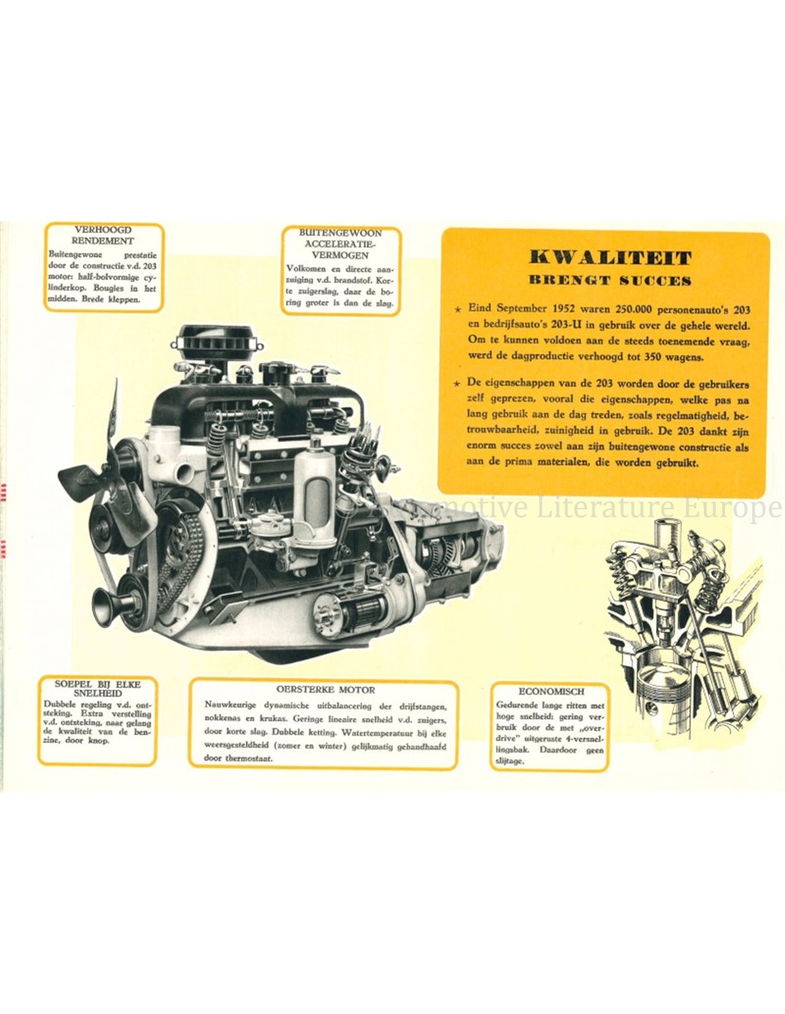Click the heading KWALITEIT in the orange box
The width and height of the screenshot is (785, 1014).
point(610,257)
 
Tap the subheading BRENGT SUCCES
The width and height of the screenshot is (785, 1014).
point(610,280)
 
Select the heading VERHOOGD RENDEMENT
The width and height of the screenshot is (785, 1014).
point(103,235)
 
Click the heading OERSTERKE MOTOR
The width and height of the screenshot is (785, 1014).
point(325,690)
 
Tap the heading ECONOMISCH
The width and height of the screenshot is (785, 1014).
point(551,692)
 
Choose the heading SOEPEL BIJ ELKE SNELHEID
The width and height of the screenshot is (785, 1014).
point(98,688)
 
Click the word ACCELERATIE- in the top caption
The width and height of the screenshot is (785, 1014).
point(337,245)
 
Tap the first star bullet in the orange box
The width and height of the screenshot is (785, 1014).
point(460,309)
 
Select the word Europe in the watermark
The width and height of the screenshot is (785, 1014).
point(737,508)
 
